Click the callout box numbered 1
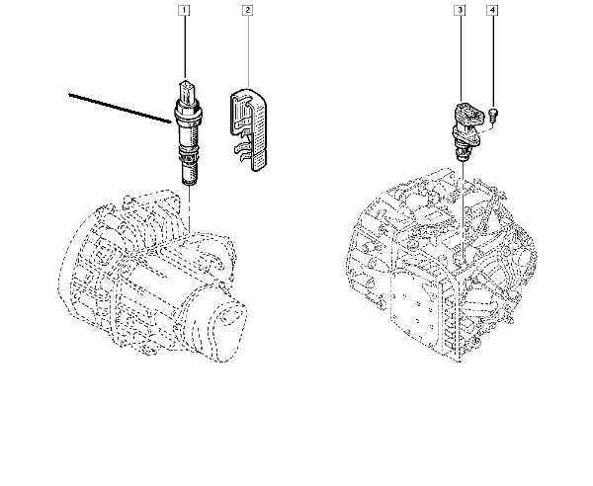(184, 10)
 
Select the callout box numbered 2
(248, 10)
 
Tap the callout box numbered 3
(460, 10)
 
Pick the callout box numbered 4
(492, 10)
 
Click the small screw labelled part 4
(493, 115)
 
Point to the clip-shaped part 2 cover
(248, 129)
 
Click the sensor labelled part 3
(466, 130)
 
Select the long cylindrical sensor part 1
(188, 132)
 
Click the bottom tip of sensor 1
(190, 184)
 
